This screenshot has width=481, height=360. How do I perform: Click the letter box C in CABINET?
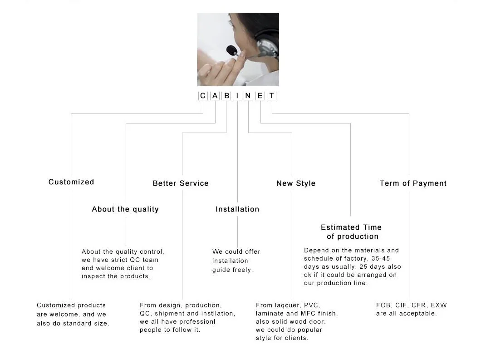tap(203, 96)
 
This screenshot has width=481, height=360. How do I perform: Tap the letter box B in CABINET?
tap(226, 96)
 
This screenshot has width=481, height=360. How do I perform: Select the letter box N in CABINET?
tap(248, 96)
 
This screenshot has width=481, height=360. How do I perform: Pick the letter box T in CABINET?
tap(272, 96)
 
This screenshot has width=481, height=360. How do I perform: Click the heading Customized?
tap(71, 182)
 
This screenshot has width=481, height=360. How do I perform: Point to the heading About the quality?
tap(125, 209)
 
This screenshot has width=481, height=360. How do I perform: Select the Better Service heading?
tap(181, 183)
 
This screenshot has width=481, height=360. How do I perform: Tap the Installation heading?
tap(237, 209)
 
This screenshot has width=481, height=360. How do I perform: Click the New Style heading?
tap(296, 183)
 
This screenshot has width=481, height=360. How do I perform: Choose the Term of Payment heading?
tap(413, 183)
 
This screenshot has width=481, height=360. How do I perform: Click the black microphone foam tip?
tap(231, 49)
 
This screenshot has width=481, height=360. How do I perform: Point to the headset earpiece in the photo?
tap(267, 46)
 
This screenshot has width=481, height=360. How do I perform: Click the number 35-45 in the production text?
tap(381, 259)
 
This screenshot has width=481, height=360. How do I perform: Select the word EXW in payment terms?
tap(439, 306)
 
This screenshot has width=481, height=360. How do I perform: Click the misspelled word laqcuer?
tap(288, 306)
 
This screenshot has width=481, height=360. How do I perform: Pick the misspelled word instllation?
tap(216, 314)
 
